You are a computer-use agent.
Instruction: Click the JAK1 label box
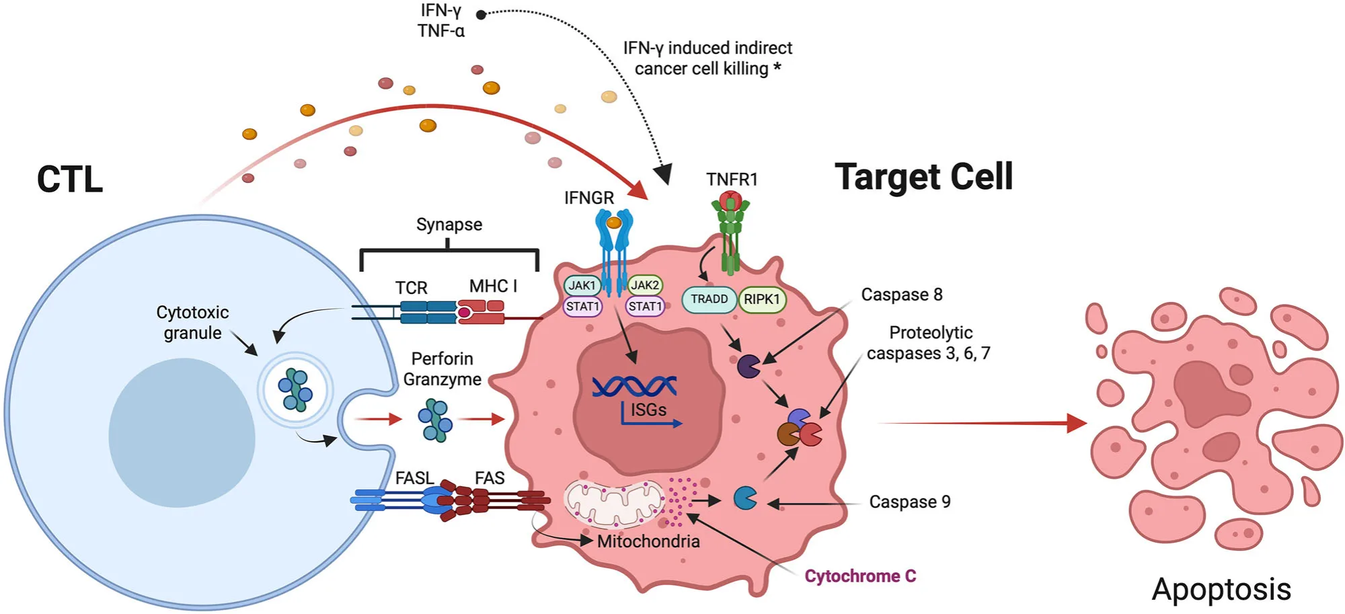582,285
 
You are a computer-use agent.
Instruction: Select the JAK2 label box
645,285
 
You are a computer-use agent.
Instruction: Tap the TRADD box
709,299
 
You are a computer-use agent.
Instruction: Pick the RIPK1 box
762,299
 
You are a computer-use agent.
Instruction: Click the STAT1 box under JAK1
582,307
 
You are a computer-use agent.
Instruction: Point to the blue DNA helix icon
634,386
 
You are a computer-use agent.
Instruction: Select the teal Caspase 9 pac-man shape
744,498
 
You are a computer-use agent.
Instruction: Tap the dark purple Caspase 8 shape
748,367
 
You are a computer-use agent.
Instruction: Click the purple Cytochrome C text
860,576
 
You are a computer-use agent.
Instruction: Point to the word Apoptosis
1221,589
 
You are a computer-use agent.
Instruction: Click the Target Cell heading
923,177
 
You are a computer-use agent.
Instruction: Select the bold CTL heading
70,180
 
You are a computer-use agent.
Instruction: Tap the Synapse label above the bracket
449,225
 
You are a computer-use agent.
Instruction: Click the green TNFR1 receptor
730,232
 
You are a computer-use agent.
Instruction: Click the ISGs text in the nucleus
648,410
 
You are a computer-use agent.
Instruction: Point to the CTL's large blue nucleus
182,432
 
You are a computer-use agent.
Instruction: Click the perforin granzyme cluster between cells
435,420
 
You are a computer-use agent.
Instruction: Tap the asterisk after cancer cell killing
777,67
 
